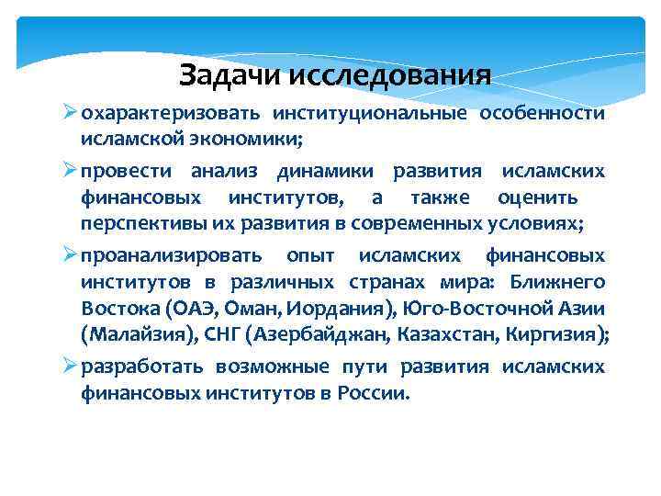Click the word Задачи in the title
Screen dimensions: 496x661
(230, 73)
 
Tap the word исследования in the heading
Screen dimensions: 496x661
(389, 73)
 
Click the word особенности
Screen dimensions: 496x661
(550, 114)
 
